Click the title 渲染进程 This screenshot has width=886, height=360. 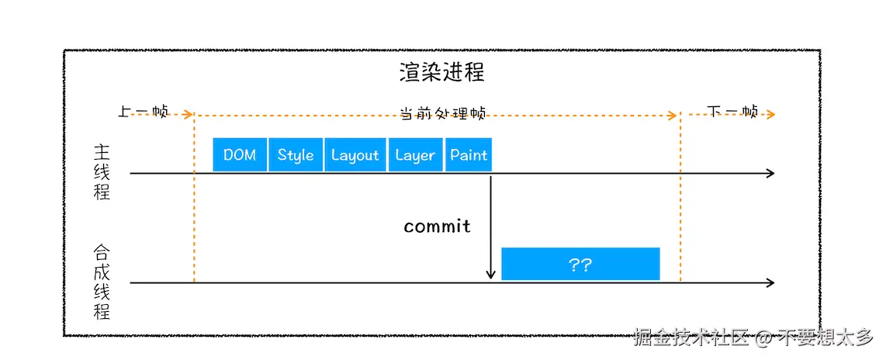coord(442,73)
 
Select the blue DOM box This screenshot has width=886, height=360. coord(240,154)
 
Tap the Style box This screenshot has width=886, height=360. coord(296,154)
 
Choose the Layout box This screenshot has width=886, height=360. coord(355,154)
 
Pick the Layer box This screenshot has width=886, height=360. coord(415,154)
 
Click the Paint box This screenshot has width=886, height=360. coord(469,154)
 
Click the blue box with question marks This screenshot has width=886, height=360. coord(580,265)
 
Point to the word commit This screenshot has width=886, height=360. coord(437,227)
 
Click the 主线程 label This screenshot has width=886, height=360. coord(102,172)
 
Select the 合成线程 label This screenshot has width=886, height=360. coord(102,282)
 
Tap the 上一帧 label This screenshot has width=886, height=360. coord(143,111)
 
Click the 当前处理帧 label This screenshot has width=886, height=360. coord(442,113)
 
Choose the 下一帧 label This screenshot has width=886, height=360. coord(732,111)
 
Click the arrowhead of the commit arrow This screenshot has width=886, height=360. coord(490,275)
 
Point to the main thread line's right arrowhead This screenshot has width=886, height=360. coord(770,173)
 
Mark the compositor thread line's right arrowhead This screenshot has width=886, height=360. coord(770,283)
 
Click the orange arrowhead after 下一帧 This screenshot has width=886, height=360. coord(770,115)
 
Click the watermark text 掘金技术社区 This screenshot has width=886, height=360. coord(690,337)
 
